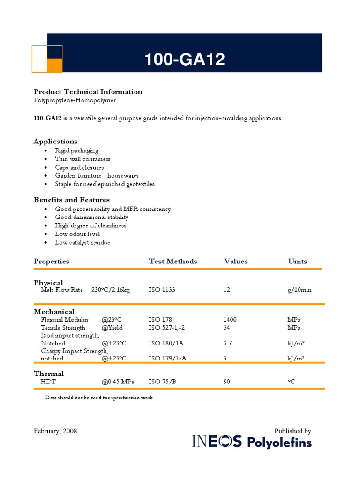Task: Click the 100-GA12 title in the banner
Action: pos(184,60)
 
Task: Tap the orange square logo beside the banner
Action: pos(47,59)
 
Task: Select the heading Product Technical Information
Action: pos(88,92)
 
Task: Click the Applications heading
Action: pos(55,141)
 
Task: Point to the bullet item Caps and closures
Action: pos(79,167)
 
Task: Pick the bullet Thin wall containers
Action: pos(82,159)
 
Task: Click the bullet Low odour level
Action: pos(77,234)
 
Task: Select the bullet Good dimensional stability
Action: pos(91,217)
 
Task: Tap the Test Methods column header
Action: pos(173,262)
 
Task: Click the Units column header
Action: pos(298,262)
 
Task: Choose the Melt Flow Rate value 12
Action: pos(227,290)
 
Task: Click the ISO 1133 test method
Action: pos(162,290)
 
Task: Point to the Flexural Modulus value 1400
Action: pos(230,320)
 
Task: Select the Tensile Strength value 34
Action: pos(227,328)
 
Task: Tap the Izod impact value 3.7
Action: pos(227,343)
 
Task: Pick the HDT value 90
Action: pos(227,382)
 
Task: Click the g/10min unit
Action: pos(300,290)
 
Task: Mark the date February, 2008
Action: pos(55,431)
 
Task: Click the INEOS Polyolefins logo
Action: pos(252,442)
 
